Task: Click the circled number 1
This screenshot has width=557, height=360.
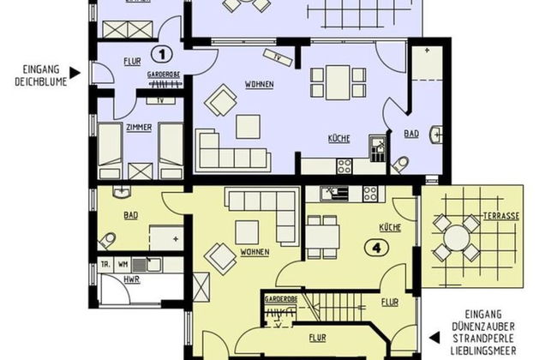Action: pos(158,51)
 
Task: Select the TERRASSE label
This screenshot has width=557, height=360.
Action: pos(500,216)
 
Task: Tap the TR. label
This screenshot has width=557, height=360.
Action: pos(106,265)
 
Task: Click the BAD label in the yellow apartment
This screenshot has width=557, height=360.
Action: pos(131,216)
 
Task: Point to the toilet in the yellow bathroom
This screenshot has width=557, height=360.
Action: pos(107,239)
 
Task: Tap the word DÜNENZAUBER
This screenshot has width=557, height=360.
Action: pos(485,326)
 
